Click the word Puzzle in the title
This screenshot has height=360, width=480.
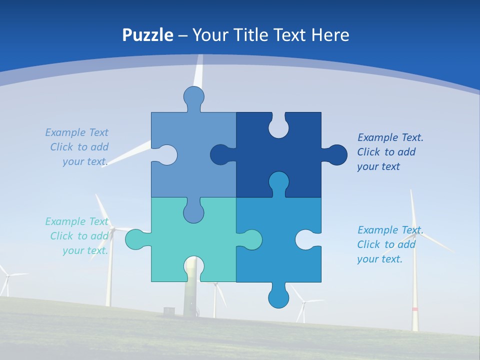(147, 35)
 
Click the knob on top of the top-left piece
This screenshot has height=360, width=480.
(193, 96)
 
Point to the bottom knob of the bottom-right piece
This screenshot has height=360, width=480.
(278, 297)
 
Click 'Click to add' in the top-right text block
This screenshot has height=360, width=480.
(386, 152)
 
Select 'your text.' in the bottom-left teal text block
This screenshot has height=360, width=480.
(85, 250)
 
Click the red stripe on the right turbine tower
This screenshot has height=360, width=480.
(414, 309)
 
